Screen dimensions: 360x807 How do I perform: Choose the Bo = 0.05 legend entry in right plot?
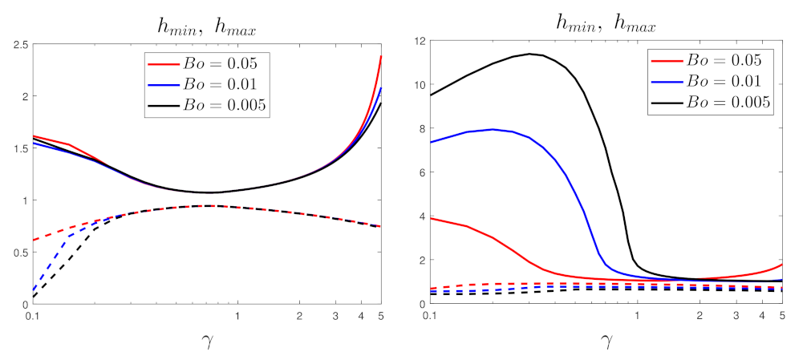[x=712, y=60]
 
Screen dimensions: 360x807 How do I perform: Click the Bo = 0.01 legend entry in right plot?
[x=712, y=82]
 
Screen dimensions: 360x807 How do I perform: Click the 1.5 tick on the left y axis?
[x=19, y=148]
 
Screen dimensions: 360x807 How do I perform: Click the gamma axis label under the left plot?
[x=208, y=343]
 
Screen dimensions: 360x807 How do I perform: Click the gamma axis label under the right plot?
[x=607, y=343]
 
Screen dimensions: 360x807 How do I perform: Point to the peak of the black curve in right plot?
[x=529, y=54]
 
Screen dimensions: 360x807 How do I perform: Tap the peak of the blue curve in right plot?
[x=493, y=129]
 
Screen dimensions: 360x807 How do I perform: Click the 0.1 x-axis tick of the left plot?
[x=32, y=316]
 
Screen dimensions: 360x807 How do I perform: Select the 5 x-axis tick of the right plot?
[x=781, y=316]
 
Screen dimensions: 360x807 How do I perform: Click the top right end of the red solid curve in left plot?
[x=380, y=56]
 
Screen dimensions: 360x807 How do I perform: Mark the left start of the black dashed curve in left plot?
[x=33, y=297]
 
